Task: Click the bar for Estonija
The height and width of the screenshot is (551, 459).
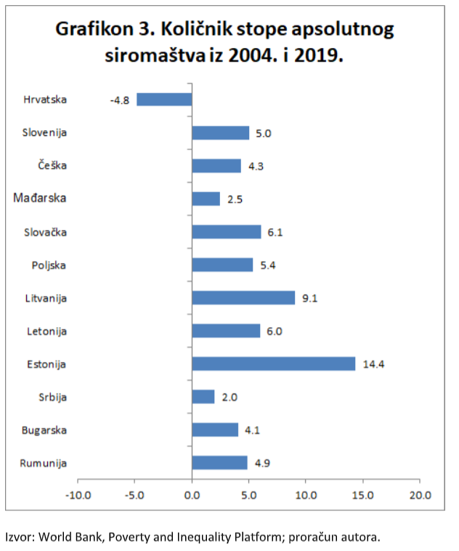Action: click(273, 363)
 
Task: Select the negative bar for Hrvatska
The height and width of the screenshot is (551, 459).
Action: click(164, 100)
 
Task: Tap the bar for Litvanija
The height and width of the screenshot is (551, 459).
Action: click(243, 297)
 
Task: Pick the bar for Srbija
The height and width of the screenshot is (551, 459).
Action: click(203, 396)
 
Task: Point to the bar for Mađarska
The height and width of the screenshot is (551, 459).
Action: click(206, 198)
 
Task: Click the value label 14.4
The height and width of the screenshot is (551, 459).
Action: click(373, 363)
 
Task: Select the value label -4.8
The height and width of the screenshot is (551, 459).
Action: click(119, 100)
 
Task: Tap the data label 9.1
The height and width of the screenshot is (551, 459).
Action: click(309, 297)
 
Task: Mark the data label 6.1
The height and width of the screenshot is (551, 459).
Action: click(275, 232)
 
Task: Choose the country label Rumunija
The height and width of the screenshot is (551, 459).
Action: click(44, 463)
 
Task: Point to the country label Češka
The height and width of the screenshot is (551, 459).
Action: click(53, 166)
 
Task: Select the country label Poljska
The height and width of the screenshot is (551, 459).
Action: click(49, 265)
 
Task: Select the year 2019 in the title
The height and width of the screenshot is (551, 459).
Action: click(317, 56)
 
